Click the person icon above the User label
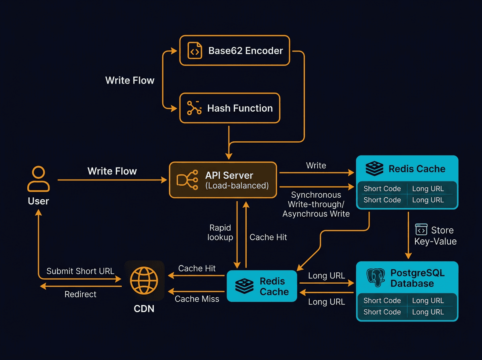point(39,179)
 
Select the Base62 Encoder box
point(235,51)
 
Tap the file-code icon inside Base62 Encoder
point(194,51)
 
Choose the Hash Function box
point(229,108)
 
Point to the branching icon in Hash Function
point(194,108)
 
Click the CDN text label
point(144,309)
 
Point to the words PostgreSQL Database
point(412,278)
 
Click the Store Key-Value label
point(436,235)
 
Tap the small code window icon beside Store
point(421,229)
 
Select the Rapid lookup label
point(220,233)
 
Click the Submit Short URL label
point(80,271)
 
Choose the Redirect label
point(80,295)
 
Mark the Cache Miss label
point(197,299)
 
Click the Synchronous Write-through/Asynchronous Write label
point(316,205)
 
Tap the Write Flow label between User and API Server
point(112,171)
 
